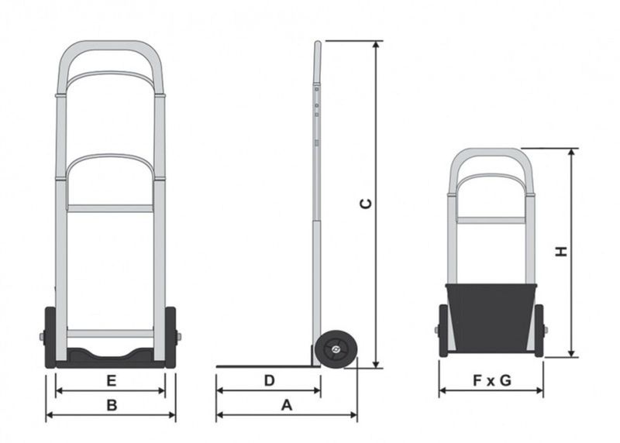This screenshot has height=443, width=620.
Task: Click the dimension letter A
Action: click(286, 405)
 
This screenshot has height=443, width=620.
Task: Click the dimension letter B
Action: click(112, 406)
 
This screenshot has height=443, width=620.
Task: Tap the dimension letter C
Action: click(366, 204)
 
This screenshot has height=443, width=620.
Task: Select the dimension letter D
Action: click(269, 380)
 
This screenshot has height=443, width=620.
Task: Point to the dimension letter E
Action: click(111, 380)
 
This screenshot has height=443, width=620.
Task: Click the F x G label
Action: click(492, 380)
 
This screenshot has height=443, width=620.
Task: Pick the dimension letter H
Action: click(561, 252)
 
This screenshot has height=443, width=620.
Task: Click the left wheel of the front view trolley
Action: click(50, 338)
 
